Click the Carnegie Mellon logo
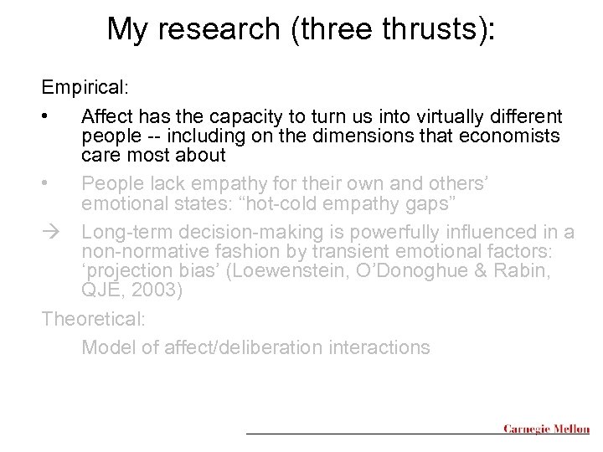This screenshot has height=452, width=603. [x=545, y=429]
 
